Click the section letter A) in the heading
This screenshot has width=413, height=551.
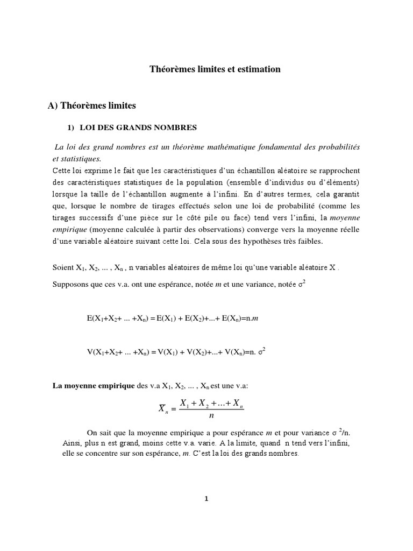pos(53,106)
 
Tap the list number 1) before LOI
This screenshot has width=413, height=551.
pos(70,128)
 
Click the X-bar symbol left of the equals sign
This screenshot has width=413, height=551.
pos(163,408)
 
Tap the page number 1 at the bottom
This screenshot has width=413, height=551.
pos(206,499)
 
